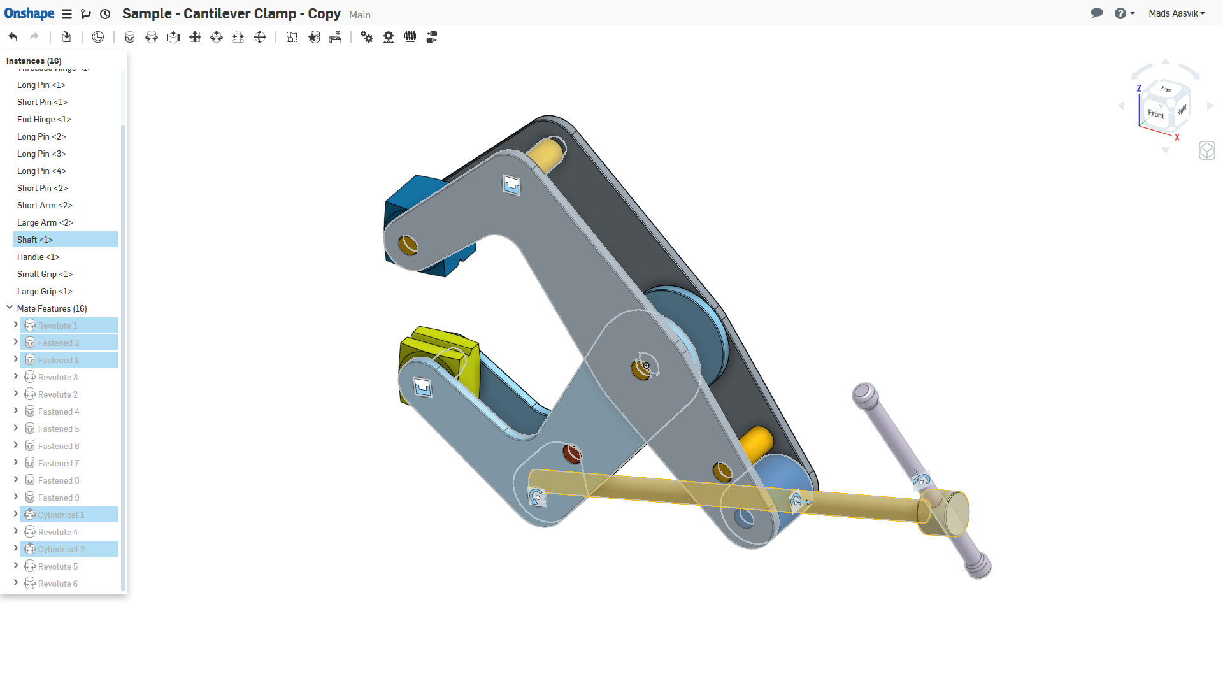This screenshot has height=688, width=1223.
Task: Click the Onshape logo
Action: (x=29, y=13)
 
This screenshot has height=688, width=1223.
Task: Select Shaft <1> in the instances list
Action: (x=35, y=240)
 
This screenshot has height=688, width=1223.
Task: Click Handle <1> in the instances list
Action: (x=38, y=257)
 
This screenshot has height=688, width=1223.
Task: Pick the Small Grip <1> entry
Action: (x=45, y=274)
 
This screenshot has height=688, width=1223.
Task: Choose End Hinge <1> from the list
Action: (x=44, y=119)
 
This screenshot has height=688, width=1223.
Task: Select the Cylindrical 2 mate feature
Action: (x=61, y=549)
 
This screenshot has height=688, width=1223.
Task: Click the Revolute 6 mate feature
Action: (x=58, y=584)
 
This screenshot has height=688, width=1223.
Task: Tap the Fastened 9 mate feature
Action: (x=59, y=498)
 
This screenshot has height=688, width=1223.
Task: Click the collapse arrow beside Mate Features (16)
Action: (x=10, y=308)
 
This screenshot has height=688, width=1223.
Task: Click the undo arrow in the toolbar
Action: (x=13, y=37)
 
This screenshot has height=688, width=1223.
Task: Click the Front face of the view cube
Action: (x=1155, y=114)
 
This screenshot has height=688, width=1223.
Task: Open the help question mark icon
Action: (x=1120, y=13)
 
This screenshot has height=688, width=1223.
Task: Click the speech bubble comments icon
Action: (x=1096, y=13)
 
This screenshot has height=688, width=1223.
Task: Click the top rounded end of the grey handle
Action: (x=864, y=393)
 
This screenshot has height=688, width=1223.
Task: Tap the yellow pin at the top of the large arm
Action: (x=545, y=155)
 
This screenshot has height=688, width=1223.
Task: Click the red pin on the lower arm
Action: (x=571, y=454)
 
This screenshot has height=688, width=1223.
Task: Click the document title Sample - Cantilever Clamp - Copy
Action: (x=231, y=13)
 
